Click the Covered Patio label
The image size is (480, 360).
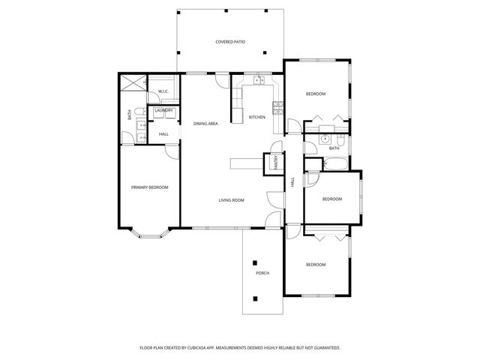[230, 42]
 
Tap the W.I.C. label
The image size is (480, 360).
[163, 92]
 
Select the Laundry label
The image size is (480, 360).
[163, 111]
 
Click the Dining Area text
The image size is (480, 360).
[205, 123]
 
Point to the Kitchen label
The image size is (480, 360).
[257, 117]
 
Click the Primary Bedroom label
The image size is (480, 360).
[149, 187]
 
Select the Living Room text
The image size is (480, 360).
[232, 200]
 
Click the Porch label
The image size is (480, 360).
[262, 273]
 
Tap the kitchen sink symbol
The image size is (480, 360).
[259, 79]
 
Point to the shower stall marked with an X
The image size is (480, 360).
[132, 84]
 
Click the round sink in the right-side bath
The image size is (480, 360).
[325, 139]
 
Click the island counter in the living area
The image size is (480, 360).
[245, 164]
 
